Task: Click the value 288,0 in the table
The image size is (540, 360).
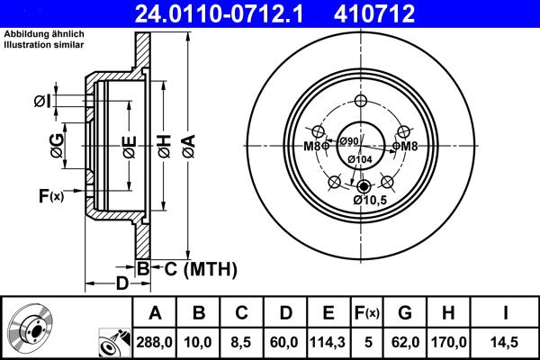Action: (155, 342)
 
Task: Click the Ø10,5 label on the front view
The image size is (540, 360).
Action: (370, 200)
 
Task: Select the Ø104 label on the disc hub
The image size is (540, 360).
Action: (360, 159)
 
